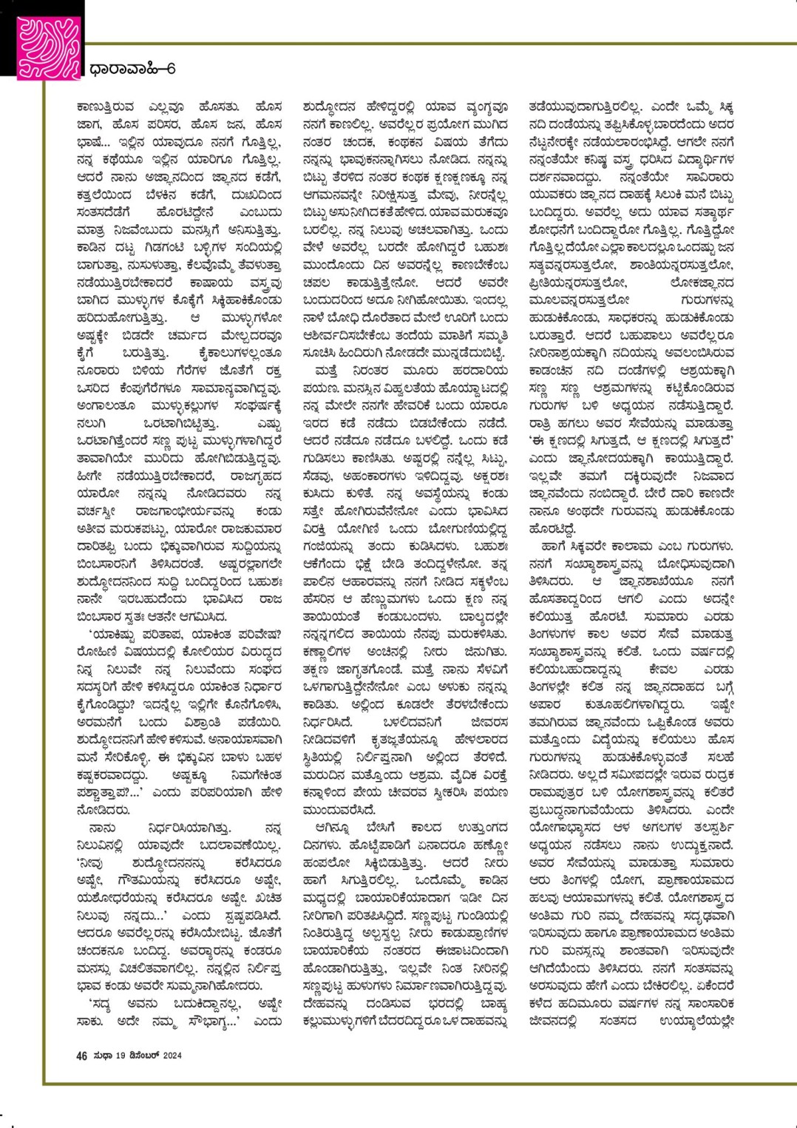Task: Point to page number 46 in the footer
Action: pyautogui.click(x=82, y=1056)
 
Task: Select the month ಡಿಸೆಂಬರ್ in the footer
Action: pyautogui.click(x=140, y=1056)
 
